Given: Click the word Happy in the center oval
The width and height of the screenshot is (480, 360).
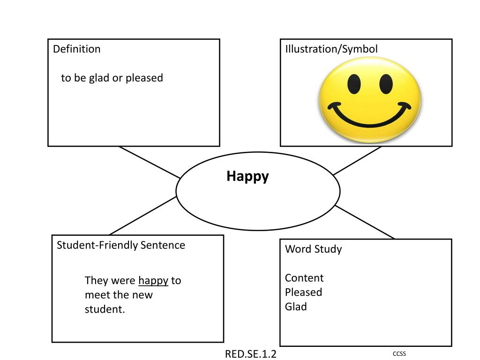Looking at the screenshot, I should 247,177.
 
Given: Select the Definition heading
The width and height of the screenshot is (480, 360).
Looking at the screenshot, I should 76,49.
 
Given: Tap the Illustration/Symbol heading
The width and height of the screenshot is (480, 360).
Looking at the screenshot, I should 331,49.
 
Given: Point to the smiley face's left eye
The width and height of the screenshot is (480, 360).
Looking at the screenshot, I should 354,84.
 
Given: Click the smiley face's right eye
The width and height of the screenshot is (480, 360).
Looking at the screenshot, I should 386,83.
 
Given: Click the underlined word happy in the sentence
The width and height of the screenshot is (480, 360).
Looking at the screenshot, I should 153,281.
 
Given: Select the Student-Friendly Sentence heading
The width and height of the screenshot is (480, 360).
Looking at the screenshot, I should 121,245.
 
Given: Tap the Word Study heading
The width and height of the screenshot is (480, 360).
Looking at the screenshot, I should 313,249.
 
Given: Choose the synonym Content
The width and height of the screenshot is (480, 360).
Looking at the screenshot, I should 304,278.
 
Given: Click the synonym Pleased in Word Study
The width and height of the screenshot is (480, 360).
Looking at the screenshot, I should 303,292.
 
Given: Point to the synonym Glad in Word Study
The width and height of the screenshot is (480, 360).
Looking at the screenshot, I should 296,307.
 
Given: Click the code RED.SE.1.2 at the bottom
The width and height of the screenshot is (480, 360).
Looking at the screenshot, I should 251,354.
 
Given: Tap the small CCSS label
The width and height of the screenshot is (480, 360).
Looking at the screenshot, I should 399,353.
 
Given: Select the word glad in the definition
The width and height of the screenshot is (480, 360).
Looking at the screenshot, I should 99,78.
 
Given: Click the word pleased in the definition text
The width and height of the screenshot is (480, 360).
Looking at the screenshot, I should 144,78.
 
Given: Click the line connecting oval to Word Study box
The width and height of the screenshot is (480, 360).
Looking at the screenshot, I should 365,222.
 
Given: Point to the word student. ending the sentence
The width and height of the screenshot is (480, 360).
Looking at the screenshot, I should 105,310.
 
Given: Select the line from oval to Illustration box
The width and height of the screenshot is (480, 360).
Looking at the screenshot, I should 357,161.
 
